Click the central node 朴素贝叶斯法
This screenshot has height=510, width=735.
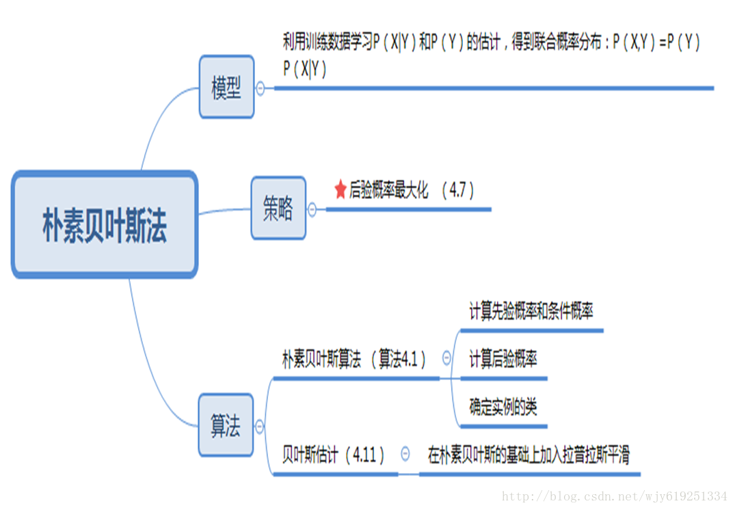click(x=105, y=225)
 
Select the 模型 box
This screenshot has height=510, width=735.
click(x=226, y=88)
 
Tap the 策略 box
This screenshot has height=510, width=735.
click(x=278, y=209)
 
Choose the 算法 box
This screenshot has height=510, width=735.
click(x=226, y=426)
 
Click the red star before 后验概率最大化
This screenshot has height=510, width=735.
click(x=340, y=190)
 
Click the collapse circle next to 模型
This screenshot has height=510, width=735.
click(x=260, y=88)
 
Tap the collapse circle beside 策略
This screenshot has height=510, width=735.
click(x=312, y=209)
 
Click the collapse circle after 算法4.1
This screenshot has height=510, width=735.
click(x=446, y=357)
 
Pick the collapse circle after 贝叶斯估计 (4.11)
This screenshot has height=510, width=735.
click(x=405, y=453)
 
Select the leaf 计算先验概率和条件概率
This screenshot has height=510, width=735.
click(x=531, y=312)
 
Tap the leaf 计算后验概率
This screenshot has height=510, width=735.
click(x=503, y=360)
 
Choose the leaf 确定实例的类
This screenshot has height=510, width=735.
click(x=503, y=407)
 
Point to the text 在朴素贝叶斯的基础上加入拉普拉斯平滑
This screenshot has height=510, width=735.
click(x=529, y=455)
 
